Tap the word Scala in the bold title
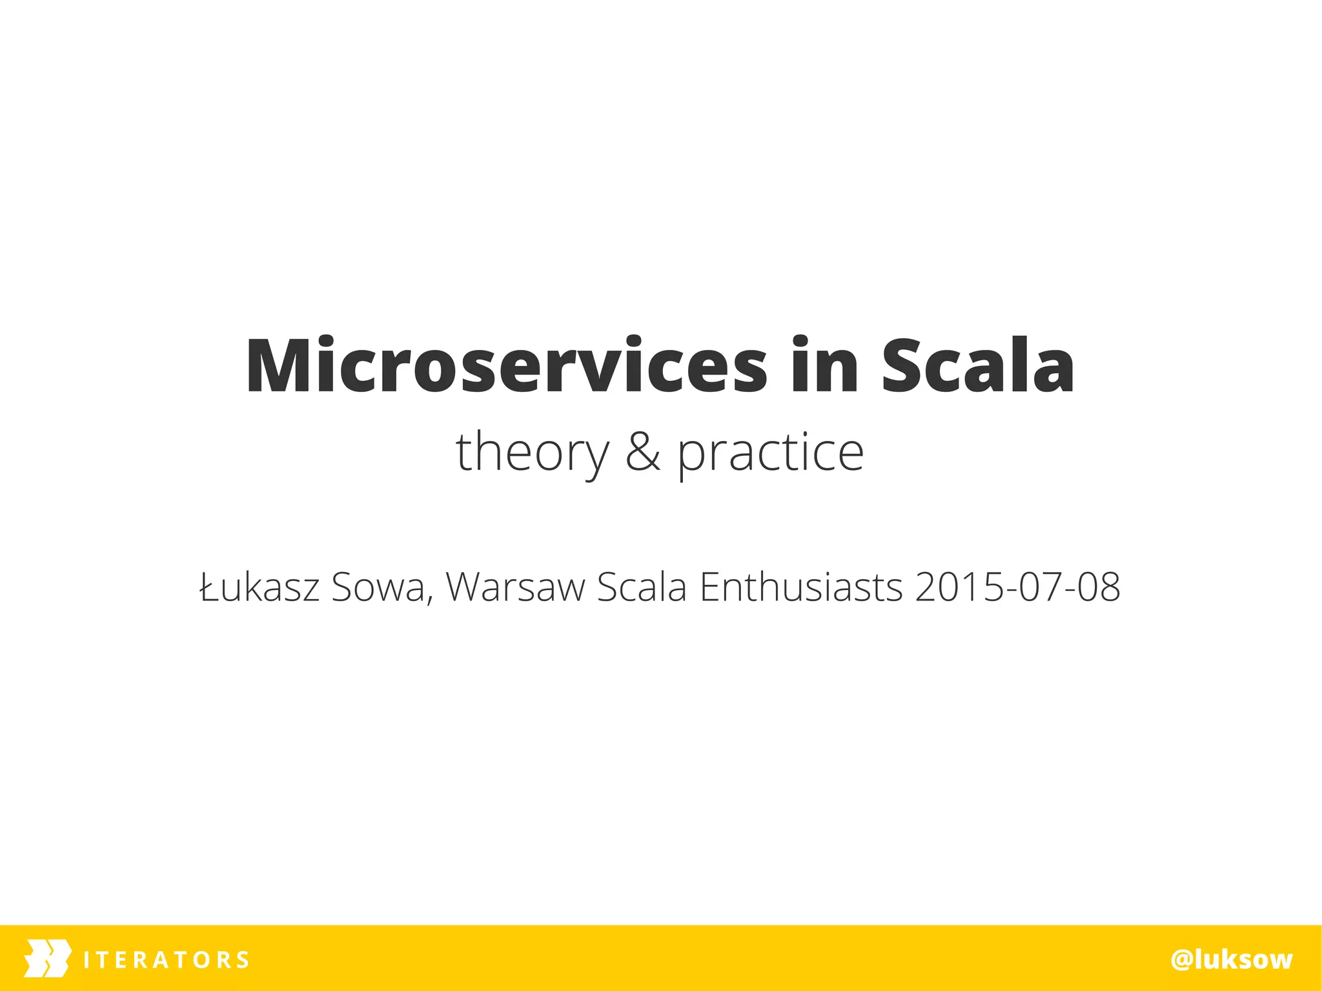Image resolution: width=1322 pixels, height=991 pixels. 977,365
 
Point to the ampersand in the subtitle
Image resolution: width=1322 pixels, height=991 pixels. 643,452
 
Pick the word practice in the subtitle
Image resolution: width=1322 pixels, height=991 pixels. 770,453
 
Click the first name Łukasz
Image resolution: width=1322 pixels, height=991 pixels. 260,587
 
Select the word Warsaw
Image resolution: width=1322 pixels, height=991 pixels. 515,587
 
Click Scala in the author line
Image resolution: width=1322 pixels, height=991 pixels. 642,587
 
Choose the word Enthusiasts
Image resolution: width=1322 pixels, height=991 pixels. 801,587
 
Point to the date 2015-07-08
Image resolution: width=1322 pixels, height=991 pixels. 1017,587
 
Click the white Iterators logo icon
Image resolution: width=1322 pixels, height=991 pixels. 47,958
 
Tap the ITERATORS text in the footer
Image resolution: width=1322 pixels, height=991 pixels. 166,960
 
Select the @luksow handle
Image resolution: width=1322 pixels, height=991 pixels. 1232,960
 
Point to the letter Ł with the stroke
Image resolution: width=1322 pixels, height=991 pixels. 210,587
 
